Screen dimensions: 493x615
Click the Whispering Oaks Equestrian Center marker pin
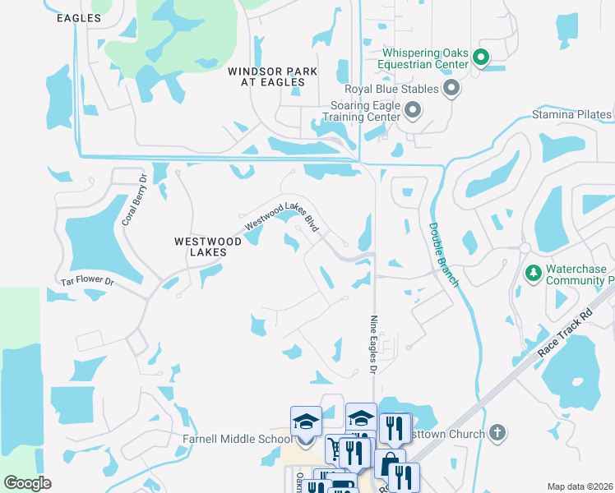[x=481, y=58]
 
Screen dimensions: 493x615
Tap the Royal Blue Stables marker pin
[x=451, y=87]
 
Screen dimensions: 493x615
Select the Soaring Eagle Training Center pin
[x=413, y=109]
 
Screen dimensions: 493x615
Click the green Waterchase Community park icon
[x=532, y=273]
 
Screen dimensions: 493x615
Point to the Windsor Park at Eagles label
[x=273, y=78]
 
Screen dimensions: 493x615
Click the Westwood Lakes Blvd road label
[x=281, y=216]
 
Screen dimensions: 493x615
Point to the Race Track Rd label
[x=565, y=333]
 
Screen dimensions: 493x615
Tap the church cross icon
[x=497, y=432]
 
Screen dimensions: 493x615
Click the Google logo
[x=27, y=482]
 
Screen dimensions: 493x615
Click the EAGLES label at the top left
[x=80, y=18]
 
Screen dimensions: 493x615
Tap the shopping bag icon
[x=389, y=463]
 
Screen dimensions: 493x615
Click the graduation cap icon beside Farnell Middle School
[x=306, y=422]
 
